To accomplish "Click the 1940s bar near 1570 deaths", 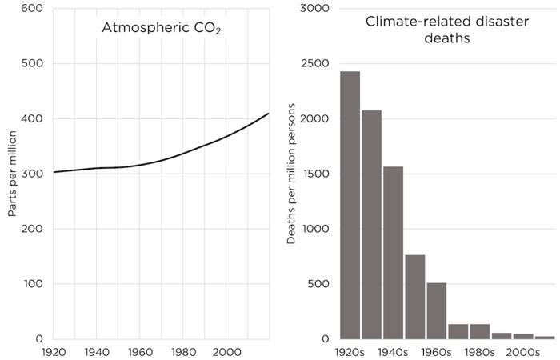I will (394, 252).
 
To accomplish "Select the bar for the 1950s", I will (415, 296).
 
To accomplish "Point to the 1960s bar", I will (437, 310).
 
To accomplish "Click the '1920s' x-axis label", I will (350, 351).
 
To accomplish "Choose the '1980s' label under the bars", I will (480, 351).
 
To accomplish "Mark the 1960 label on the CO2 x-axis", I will (140, 351).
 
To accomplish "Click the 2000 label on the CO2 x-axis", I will (226, 351).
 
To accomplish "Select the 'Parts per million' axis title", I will (12, 174).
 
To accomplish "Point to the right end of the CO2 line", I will (269, 114).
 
